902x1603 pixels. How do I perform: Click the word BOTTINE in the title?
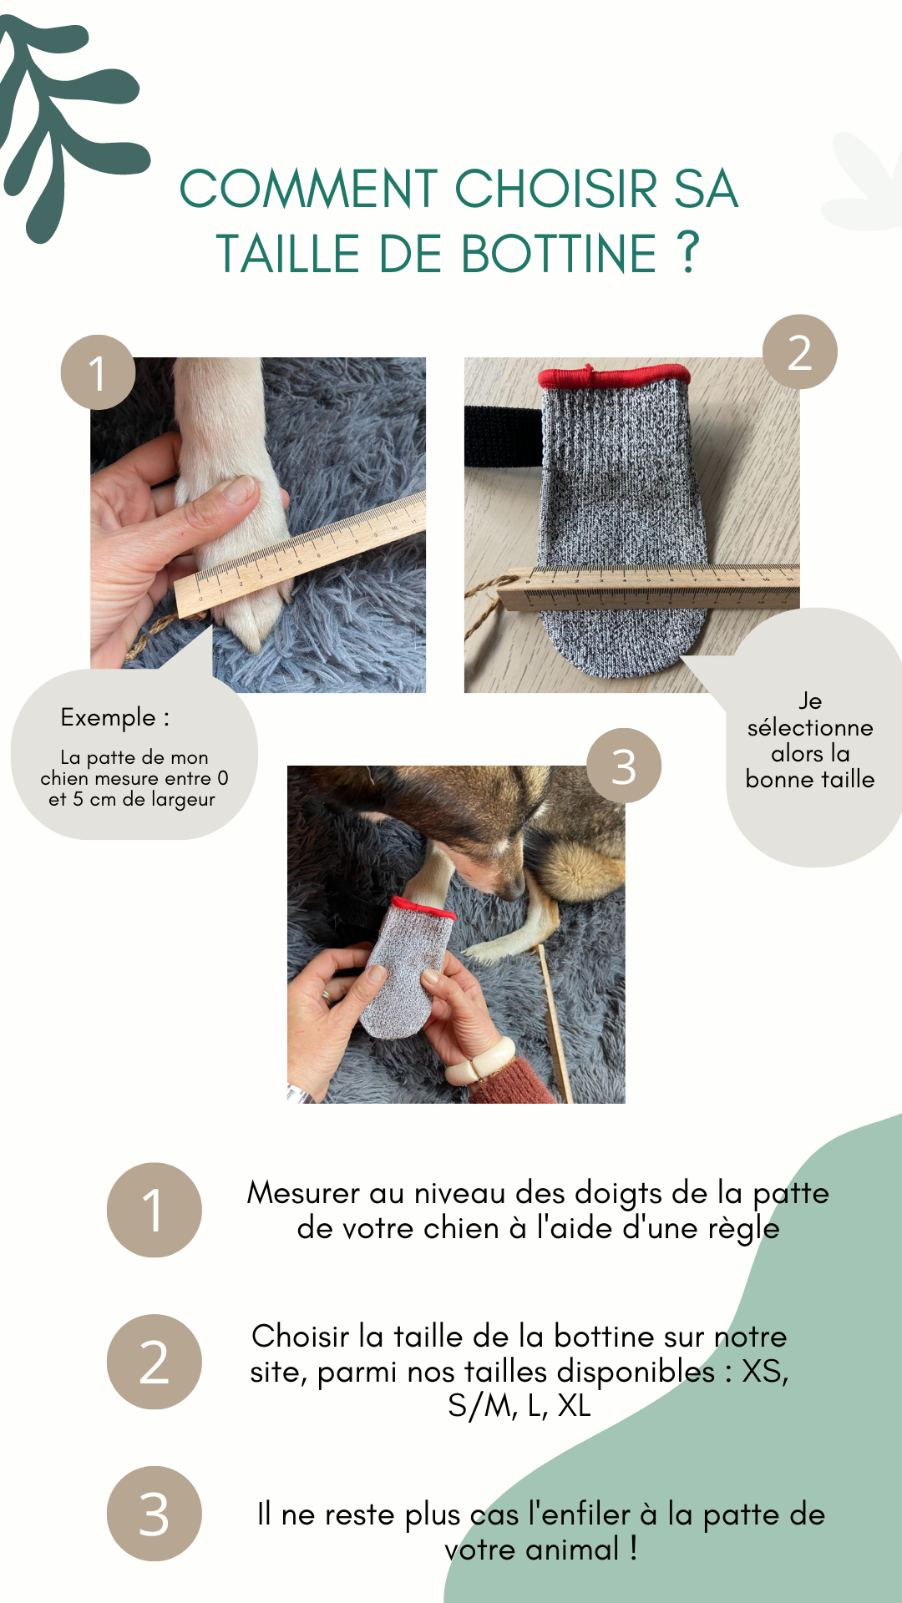(x=559, y=254)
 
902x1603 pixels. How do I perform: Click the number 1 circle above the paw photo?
(x=98, y=372)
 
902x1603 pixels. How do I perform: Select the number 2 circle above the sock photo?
(x=800, y=351)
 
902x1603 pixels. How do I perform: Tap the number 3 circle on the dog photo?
(x=624, y=766)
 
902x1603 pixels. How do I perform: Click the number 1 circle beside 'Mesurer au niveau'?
(x=154, y=1210)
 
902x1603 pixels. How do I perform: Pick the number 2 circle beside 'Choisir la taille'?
(x=154, y=1362)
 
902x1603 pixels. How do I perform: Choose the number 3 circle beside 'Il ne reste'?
(x=154, y=1514)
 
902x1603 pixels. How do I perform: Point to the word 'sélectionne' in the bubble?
(x=810, y=727)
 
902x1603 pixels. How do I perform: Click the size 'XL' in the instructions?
(x=574, y=1406)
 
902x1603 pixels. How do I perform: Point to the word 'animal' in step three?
(x=573, y=1550)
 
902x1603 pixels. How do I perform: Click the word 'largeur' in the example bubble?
(x=183, y=800)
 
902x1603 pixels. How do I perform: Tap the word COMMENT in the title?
(x=309, y=189)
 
